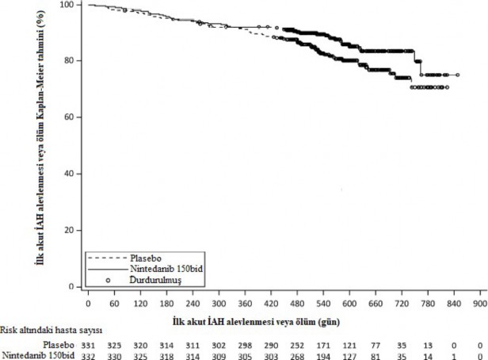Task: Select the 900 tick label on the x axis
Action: click(479, 304)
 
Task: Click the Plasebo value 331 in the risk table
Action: click(88, 346)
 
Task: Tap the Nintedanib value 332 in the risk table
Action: click(88, 356)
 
